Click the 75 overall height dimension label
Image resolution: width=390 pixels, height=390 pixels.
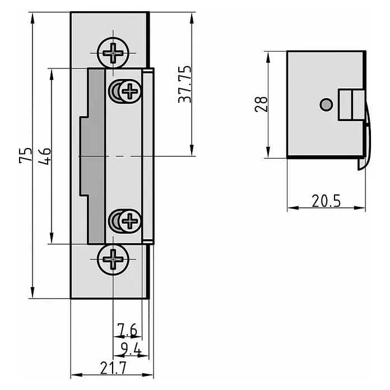coord(25,155)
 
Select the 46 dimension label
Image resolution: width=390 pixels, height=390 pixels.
coord(45,156)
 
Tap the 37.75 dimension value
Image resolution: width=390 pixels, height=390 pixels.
coord(185,84)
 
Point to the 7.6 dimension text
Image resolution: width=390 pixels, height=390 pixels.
coord(127,329)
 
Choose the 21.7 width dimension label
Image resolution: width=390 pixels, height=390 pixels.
coord(113,368)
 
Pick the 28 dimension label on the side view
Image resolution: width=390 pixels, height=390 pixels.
coord(261,104)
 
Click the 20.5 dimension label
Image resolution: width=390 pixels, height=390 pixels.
coord(326,201)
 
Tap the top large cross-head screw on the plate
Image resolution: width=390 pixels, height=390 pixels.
coord(113,53)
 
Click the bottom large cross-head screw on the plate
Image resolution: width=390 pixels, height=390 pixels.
coord(113,259)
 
